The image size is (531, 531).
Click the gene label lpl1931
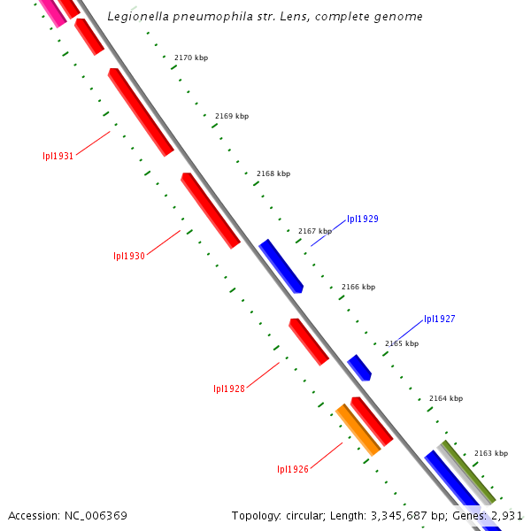(58, 156)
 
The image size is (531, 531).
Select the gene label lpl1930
(128, 257)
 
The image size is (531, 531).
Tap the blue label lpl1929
(363, 219)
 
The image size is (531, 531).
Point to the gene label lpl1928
(229, 389)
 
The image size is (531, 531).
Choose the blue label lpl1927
(439, 319)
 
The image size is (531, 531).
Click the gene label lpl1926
(293, 469)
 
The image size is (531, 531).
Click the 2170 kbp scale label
(191, 58)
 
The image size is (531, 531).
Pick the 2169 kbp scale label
(232, 116)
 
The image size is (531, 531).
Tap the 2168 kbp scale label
(273, 173)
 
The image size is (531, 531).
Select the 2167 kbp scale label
(315, 231)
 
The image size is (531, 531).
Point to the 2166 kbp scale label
(358, 287)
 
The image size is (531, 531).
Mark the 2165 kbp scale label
(402, 343)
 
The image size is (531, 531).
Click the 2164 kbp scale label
(446, 398)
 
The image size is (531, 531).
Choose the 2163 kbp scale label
(490, 453)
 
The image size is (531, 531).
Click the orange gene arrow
(358, 429)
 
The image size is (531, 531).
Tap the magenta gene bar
(51, 12)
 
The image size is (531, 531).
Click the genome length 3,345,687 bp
(398, 515)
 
